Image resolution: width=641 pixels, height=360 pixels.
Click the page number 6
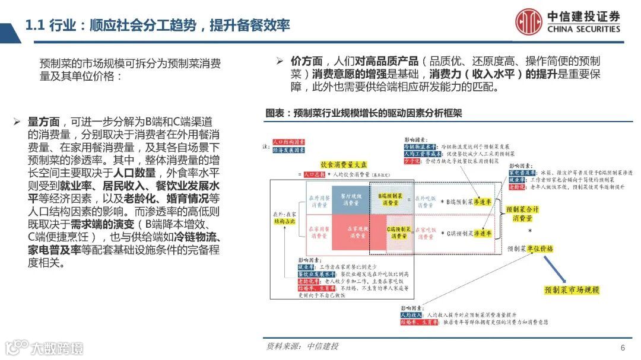(623, 348)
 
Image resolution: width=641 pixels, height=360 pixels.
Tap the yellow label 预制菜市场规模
(572, 290)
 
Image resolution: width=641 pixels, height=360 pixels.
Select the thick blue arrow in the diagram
(562, 270)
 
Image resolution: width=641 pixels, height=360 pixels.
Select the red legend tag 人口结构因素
(288, 142)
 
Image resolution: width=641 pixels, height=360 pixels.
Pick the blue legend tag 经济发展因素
(288, 151)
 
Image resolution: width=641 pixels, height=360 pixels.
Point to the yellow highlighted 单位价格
(540, 249)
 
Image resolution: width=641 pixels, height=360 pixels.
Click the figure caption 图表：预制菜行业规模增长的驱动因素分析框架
(364, 113)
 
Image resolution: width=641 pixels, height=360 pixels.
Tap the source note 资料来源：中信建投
(302, 346)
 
